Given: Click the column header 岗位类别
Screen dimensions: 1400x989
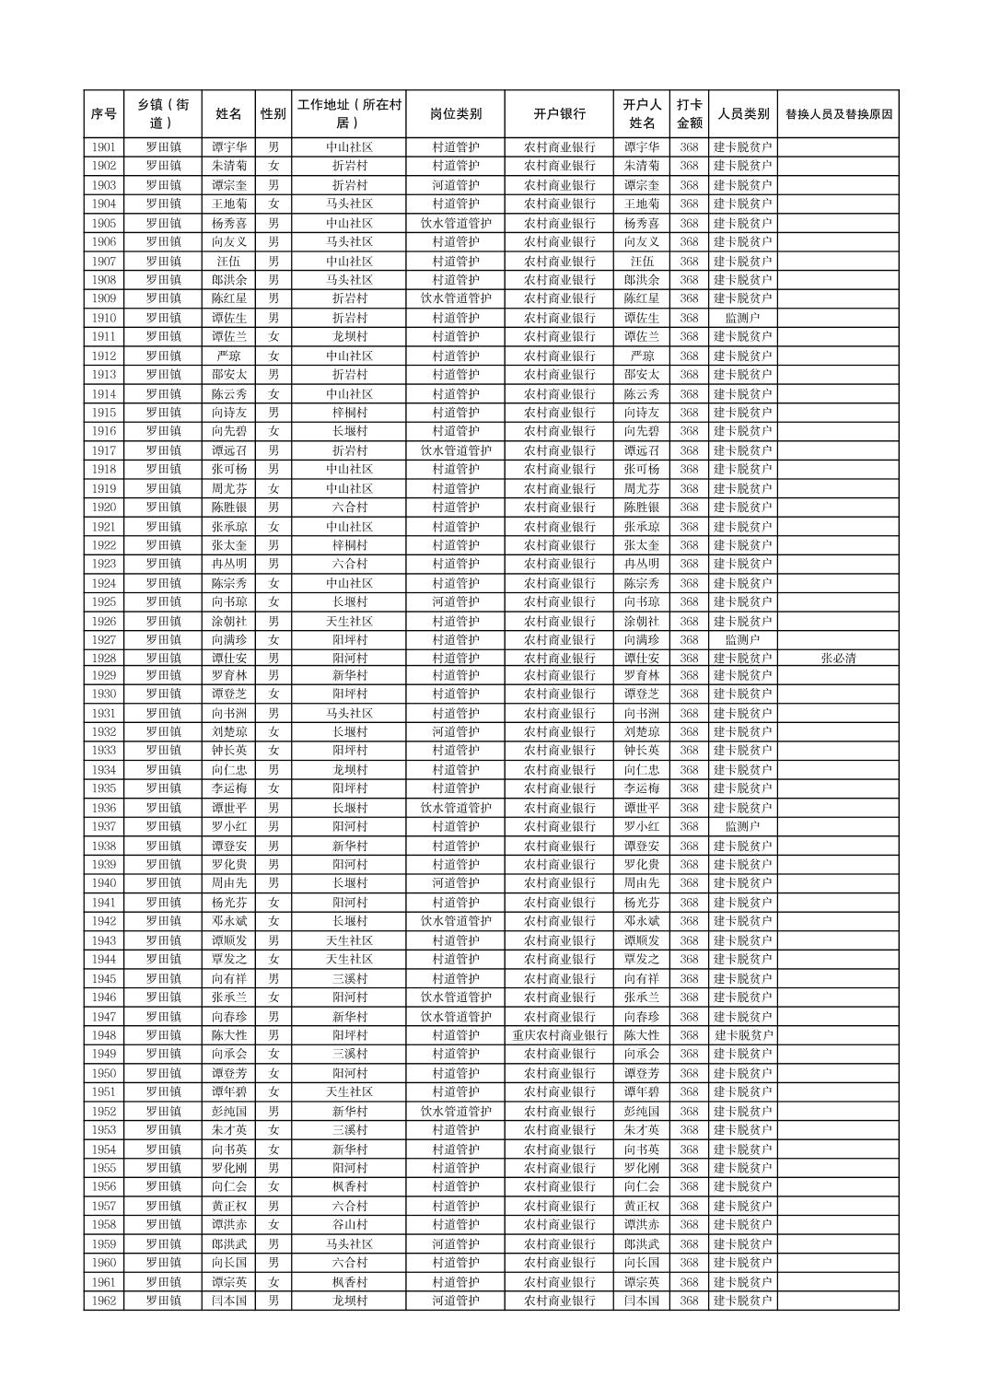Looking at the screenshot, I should point(455,114).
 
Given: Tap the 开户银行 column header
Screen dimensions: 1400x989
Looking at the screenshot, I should point(559,114).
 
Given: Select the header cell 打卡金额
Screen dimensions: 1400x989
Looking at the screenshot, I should point(689,114).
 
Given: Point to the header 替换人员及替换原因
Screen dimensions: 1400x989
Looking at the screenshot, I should point(838,114).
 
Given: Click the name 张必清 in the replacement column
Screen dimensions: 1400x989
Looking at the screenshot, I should point(838,658).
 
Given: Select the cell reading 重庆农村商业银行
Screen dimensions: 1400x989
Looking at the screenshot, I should point(559,1035).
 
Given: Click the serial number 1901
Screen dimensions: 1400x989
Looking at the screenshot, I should point(104,147).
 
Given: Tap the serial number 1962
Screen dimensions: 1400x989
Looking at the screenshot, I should point(104,1301).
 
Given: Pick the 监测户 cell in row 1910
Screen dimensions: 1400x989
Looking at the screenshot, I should point(742,318).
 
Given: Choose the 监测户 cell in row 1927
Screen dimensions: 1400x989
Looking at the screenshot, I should point(742,639).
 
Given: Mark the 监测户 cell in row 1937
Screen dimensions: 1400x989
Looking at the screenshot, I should point(742,826).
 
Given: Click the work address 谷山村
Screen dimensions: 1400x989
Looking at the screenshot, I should point(349,1225).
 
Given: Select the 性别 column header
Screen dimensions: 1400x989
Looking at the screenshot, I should point(273,114).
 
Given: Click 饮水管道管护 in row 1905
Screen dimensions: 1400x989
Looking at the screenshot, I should point(455,223).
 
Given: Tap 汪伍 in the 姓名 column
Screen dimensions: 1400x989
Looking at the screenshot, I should point(228,261).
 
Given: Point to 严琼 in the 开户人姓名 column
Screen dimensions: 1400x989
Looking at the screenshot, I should point(642,356).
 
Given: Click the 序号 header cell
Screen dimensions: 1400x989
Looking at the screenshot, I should point(104,114).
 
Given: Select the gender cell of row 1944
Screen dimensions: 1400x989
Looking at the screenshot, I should point(273,959).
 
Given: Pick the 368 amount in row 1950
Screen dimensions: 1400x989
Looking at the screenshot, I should point(689,1073).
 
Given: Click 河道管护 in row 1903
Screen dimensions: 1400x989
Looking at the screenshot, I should point(455,185).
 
